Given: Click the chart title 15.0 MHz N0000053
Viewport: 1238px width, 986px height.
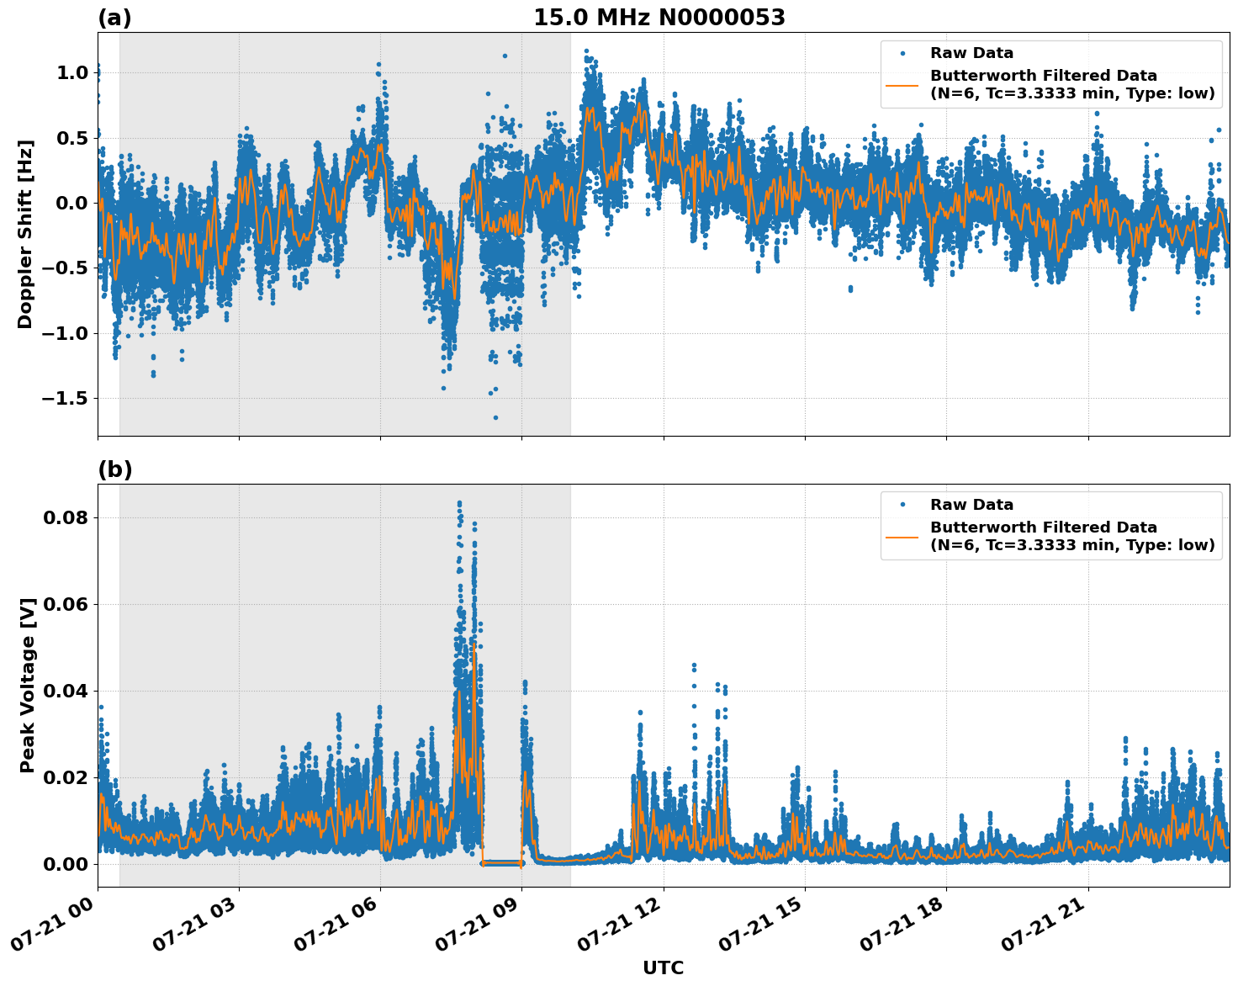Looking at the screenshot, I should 659,18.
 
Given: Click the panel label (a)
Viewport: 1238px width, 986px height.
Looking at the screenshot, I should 114,18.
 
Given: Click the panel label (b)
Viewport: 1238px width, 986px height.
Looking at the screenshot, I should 114,469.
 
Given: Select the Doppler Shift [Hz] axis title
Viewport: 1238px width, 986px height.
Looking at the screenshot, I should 25,234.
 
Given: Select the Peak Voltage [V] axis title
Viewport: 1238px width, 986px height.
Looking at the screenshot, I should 28,686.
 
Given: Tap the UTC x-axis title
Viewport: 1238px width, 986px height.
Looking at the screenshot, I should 663,967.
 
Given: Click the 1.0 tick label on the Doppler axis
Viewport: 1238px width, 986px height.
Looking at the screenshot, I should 71,73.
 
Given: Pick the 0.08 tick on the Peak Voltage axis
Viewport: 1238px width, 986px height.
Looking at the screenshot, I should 66,517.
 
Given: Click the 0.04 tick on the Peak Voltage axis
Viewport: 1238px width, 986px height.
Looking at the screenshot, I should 66,691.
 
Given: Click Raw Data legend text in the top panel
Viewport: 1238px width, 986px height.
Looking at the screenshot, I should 971,53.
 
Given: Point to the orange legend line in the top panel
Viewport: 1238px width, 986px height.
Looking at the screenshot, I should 902,84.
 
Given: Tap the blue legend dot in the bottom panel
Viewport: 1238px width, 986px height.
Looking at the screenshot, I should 902,505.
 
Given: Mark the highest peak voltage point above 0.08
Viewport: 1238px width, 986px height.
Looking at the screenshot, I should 459,503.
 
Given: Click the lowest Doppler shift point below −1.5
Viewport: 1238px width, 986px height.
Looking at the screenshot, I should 495,417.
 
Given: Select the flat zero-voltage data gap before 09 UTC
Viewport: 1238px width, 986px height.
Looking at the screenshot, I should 501,862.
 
